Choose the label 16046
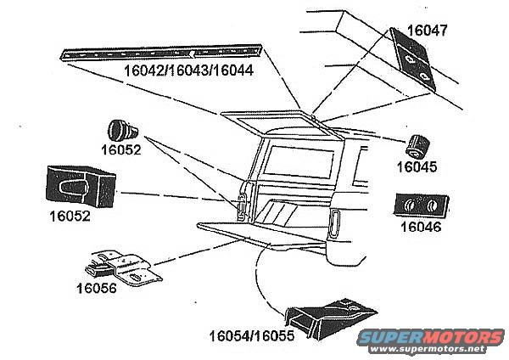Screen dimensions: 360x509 click(420, 227)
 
